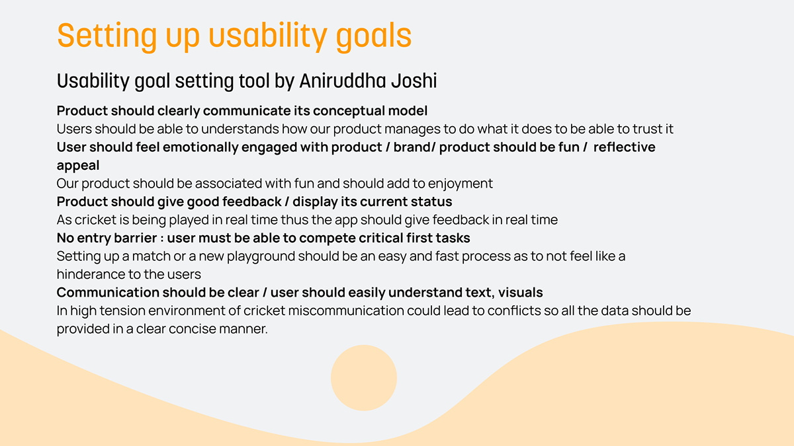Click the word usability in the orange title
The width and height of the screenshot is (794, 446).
[267, 36]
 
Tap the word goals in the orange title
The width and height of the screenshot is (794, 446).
[374, 36]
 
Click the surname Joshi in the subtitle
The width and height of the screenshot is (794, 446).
[414, 81]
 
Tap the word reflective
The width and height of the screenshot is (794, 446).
[625, 147]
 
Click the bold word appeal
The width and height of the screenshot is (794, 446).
[78, 166]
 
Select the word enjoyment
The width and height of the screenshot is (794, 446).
[461, 184]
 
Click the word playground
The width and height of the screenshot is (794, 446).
[261, 256]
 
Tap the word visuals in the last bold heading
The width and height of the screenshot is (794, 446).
[520, 292]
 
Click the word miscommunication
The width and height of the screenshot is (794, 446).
[346, 311]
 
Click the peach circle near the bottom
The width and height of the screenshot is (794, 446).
[364, 378]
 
